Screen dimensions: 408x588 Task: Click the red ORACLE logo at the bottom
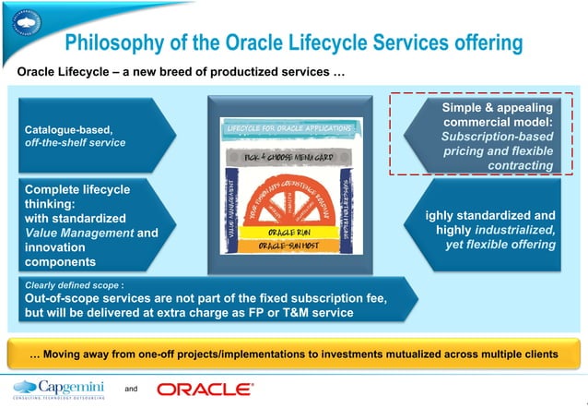point(205,390)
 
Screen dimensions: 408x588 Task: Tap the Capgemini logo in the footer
point(59,389)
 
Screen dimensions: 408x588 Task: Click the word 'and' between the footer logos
point(131,390)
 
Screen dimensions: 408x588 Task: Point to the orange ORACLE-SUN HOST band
point(288,247)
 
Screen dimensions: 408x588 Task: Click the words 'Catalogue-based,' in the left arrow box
point(62,130)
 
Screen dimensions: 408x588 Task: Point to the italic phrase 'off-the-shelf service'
point(75,143)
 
